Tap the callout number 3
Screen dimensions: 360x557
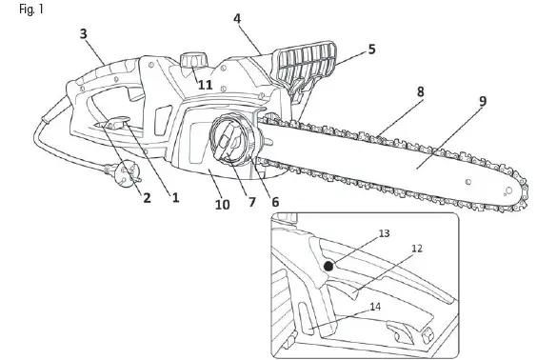pos(84,34)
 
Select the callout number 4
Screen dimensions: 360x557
pos(237,19)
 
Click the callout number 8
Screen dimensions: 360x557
pos(420,91)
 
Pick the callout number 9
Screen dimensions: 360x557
pos(483,101)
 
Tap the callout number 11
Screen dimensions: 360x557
pos(205,85)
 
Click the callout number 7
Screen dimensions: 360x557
pos(252,202)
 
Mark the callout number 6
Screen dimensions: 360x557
pos(275,201)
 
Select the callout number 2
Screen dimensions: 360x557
pos(147,198)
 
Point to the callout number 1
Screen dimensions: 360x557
pos(175,198)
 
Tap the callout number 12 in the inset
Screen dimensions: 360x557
pos(417,249)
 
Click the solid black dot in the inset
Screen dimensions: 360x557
pos(328,267)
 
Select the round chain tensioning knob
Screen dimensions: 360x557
pos(230,142)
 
